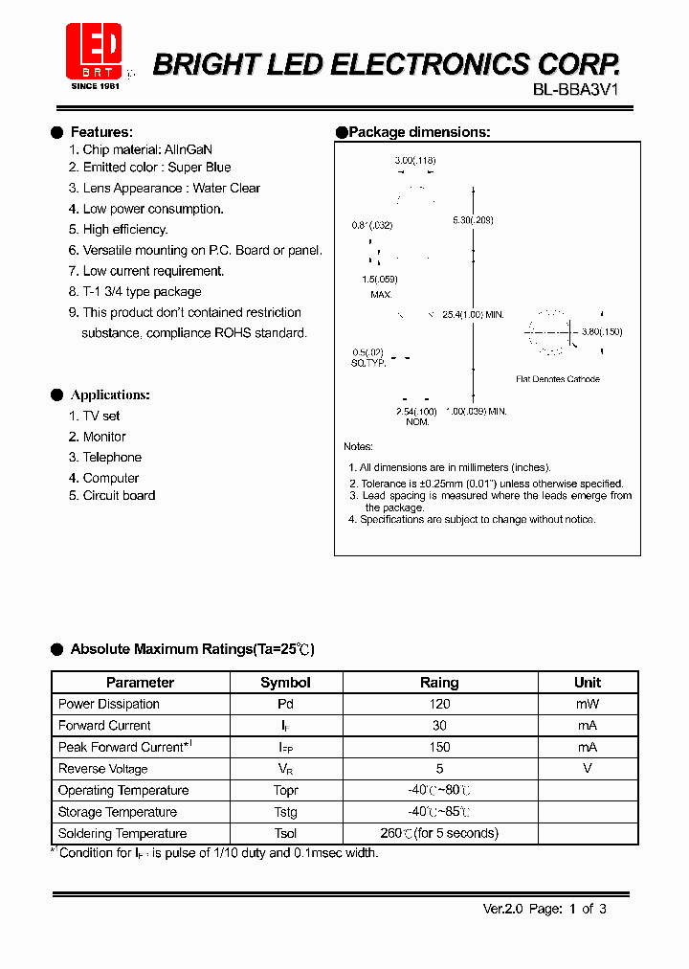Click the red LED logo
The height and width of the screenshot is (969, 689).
[x=94, y=52]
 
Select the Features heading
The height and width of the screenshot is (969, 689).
[x=101, y=132]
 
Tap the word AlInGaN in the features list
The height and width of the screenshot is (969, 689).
[x=189, y=150]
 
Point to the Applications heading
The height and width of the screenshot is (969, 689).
[x=110, y=395]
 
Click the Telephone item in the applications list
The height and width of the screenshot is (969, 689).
[x=112, y=458]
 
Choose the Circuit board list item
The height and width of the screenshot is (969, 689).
[x=119, y=496]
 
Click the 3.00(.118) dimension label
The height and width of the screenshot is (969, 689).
[x=414, y=161]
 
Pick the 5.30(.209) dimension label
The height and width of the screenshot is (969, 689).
[x=473, y=220]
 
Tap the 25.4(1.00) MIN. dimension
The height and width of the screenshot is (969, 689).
[x=472, y=315]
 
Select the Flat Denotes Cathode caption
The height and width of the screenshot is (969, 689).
[x=558, y=379]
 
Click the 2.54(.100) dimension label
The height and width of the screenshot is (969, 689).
[x=416, y=411]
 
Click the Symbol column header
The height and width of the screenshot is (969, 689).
[x=285, y=683]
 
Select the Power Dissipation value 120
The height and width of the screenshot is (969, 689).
[x=439, y=704]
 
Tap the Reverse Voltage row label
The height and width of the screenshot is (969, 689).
[x=102, y=769]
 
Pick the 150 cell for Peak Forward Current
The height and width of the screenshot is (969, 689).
[x=439, y=747]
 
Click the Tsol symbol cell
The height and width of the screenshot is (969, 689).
[x=285, y=834]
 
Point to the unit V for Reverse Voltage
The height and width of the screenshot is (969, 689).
[x=587, y=769]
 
